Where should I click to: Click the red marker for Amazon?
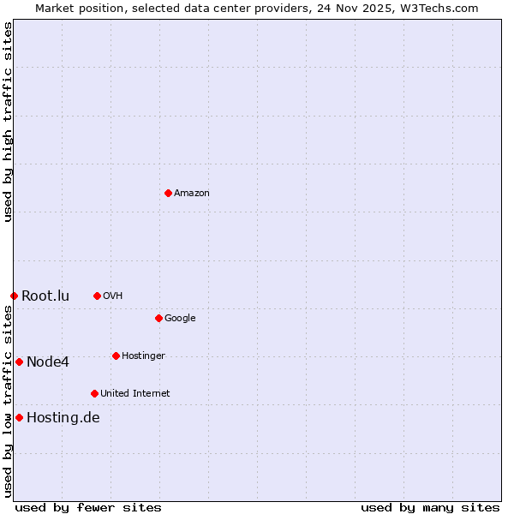coord(168,193)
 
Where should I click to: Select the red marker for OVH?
coord(97,296)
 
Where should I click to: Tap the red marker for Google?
coord(158,318)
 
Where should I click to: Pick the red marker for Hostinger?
coord(116,356)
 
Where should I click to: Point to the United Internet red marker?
coord(94,393)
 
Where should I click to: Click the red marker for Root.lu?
coord(14,296)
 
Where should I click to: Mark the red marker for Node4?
coord(19,362)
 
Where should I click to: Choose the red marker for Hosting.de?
coord(19,417)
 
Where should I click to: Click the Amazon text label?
coord(192,194)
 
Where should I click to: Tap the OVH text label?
coord(113,296)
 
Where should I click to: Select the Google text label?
coord(180,319)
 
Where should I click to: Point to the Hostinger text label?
coord(143,356)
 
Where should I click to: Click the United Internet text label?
coord(135,394)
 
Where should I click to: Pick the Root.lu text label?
coord(45,296)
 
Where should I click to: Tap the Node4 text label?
coord(48,362)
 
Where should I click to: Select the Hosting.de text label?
coord(63,418)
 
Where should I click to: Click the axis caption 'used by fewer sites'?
coord(88,507)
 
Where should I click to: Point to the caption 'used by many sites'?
coord(430,507)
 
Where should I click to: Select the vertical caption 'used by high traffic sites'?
coord(8,122)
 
